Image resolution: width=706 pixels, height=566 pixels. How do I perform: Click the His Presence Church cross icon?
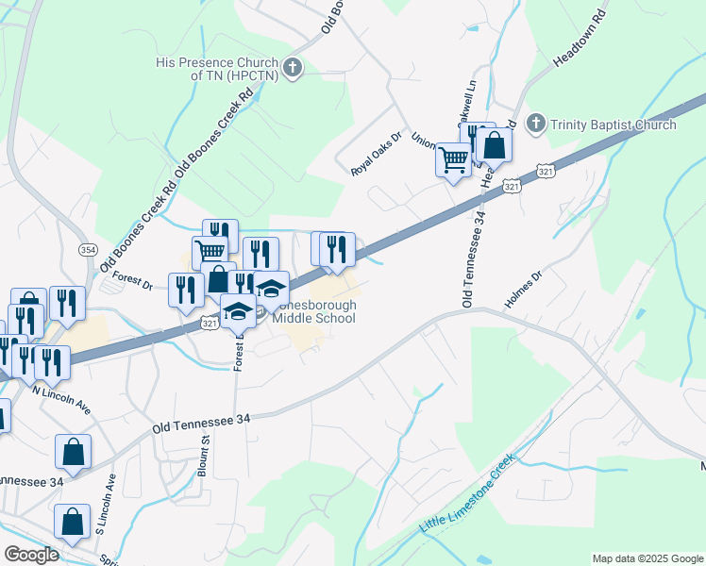(294, 68)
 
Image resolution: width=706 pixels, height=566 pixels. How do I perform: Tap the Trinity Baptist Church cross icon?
(536, 124)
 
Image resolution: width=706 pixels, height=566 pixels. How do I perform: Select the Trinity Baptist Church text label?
(614, 125)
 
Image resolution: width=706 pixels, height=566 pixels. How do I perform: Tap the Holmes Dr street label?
(526, 288)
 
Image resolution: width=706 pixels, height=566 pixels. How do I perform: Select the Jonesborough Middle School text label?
(314, 311)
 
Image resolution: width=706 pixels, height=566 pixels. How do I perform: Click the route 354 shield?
(88, 249)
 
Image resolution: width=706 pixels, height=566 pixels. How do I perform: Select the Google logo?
(30, 554)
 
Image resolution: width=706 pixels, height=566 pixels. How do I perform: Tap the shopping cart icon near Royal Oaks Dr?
(453, 159)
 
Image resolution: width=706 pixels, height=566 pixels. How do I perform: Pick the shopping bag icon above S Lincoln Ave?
(73, 452)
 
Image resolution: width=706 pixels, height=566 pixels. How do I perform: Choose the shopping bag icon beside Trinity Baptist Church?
(494, 144)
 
